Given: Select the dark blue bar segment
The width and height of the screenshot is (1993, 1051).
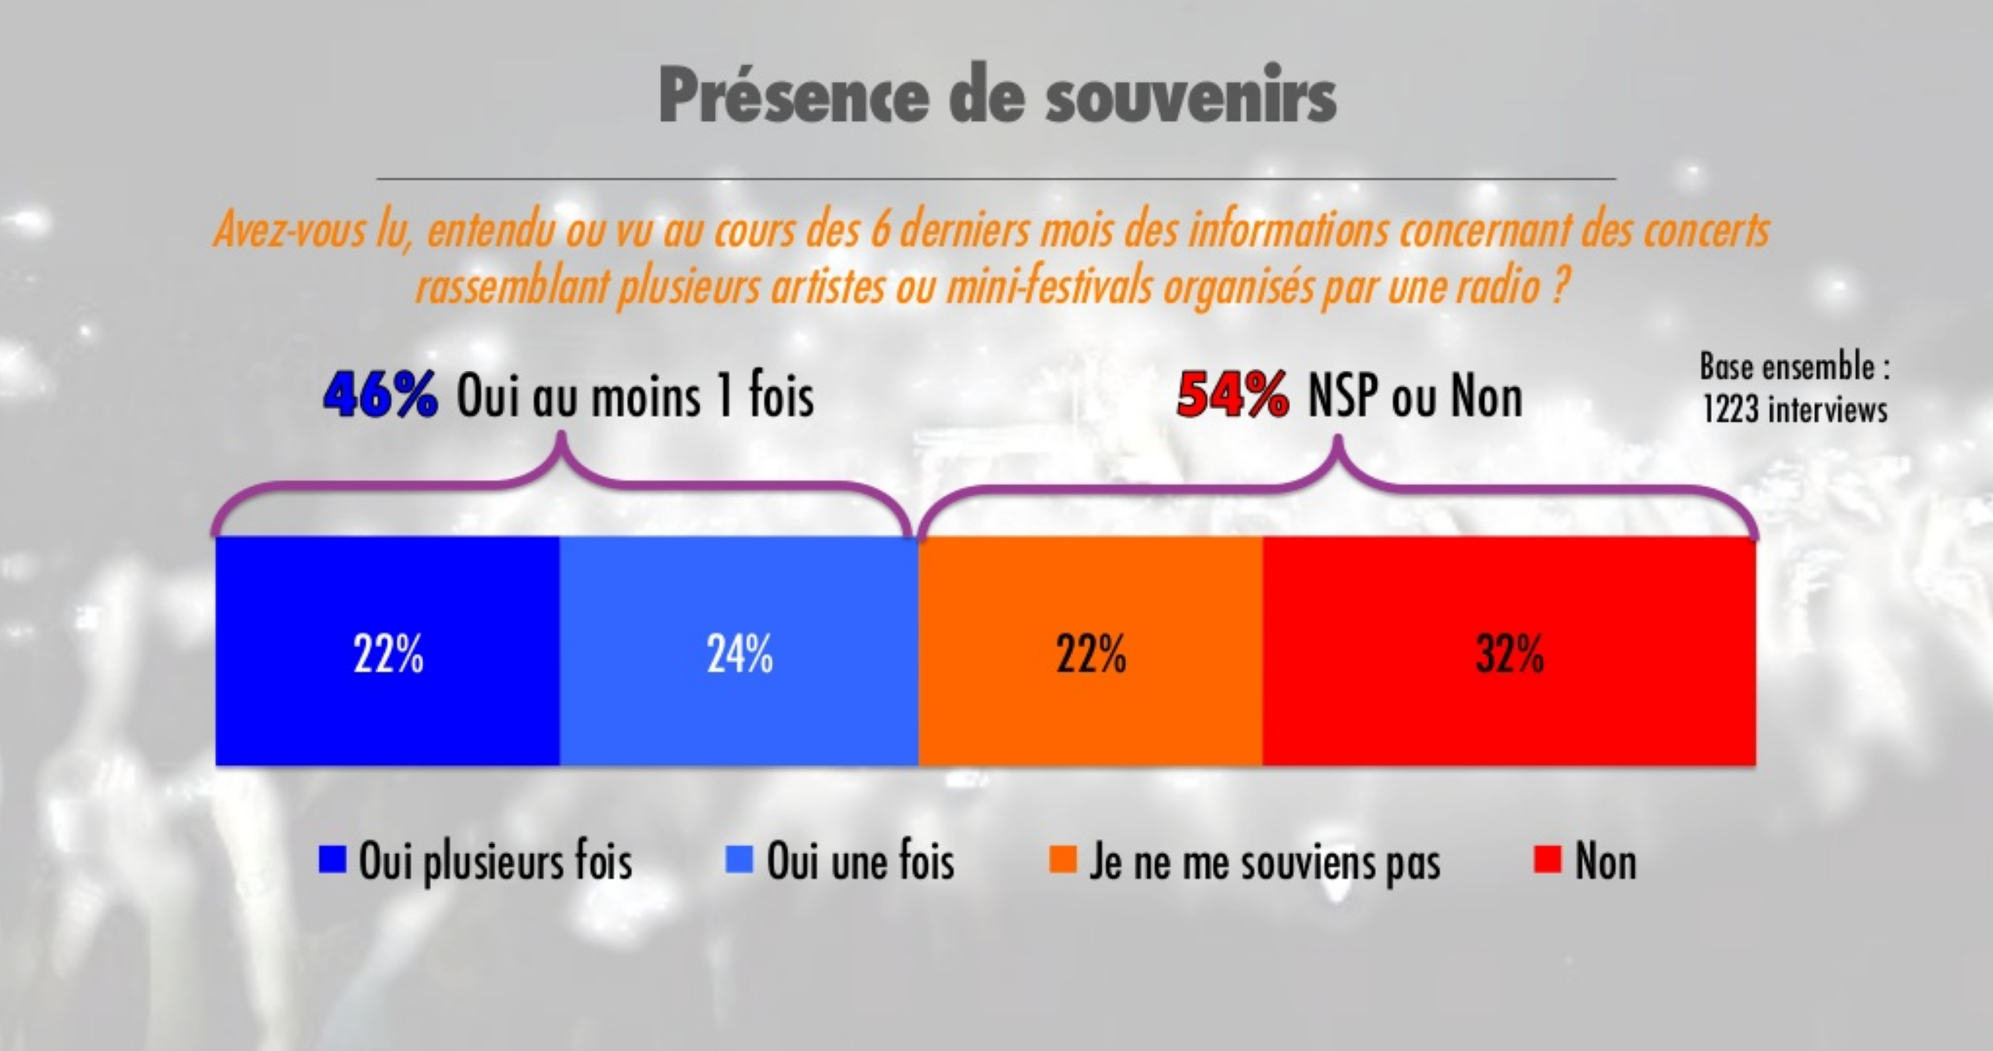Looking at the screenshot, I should [387, 703].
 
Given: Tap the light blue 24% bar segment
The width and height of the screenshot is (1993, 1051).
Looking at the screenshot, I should [739, 703].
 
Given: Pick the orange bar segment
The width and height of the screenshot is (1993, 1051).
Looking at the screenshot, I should [1090, 703].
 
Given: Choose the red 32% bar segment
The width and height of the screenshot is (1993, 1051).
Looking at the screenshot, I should [1509, 703].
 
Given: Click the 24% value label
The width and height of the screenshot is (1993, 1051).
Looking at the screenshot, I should [740, 654].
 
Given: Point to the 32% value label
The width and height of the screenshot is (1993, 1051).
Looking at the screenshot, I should [1510, 654].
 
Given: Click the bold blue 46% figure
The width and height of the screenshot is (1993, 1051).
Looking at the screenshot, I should [380, 396].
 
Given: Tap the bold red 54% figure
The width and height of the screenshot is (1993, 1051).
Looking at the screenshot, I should [1232, 397].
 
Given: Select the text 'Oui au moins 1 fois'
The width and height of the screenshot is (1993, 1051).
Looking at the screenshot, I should [635, 397].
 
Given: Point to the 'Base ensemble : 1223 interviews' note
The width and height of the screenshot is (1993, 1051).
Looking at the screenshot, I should [1795, 388].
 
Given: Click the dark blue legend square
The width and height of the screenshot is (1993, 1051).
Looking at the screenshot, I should [332, 860].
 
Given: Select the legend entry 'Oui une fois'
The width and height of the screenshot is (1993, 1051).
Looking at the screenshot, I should [860, 862].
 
